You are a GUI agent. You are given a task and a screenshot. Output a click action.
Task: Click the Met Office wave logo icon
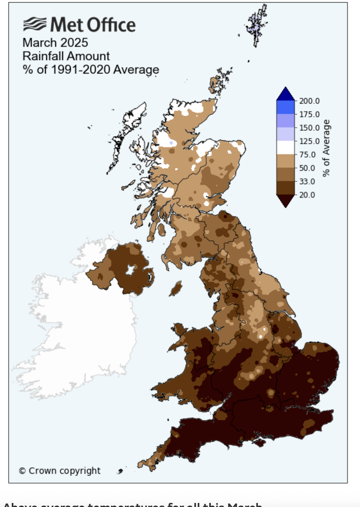pyautogui.click(x=35, y=24)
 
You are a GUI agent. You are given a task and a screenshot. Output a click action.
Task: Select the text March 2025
pyautogui.click(x=55, y=43)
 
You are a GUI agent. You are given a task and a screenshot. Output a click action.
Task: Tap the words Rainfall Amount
pyautogui.click(x=66, y=56)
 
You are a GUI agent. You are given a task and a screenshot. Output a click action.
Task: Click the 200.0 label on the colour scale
pyautogui.click(x=309, y=101)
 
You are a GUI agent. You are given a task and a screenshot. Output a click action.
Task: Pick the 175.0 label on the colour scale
pyautogui.click(x=309, y=114)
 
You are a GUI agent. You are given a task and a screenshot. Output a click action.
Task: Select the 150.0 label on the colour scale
pyautogui.click(x=309, y=128)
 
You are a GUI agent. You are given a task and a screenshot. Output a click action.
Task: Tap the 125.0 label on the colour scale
pyautogui.click(x=309, y=141)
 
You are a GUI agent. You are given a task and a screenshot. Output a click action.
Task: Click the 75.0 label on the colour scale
pyautogui.click(x=307, y=155)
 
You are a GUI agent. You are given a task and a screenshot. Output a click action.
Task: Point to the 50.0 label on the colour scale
pyautogui.click(x=307, y=168)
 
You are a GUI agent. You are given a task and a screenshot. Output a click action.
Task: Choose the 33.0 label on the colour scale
pyautogui.click(x=307, y=181)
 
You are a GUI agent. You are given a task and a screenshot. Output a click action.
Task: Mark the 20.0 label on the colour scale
pyautogui.click(x=307, y=195)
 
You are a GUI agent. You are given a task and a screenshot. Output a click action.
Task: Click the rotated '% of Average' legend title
pyautogui.click(x=326, y=148)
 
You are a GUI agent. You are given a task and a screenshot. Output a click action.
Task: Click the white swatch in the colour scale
pyautogui.click(x=285, y=148)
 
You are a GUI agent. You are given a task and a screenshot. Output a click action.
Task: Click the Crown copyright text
pyautogui.click(x=60, y=471)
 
